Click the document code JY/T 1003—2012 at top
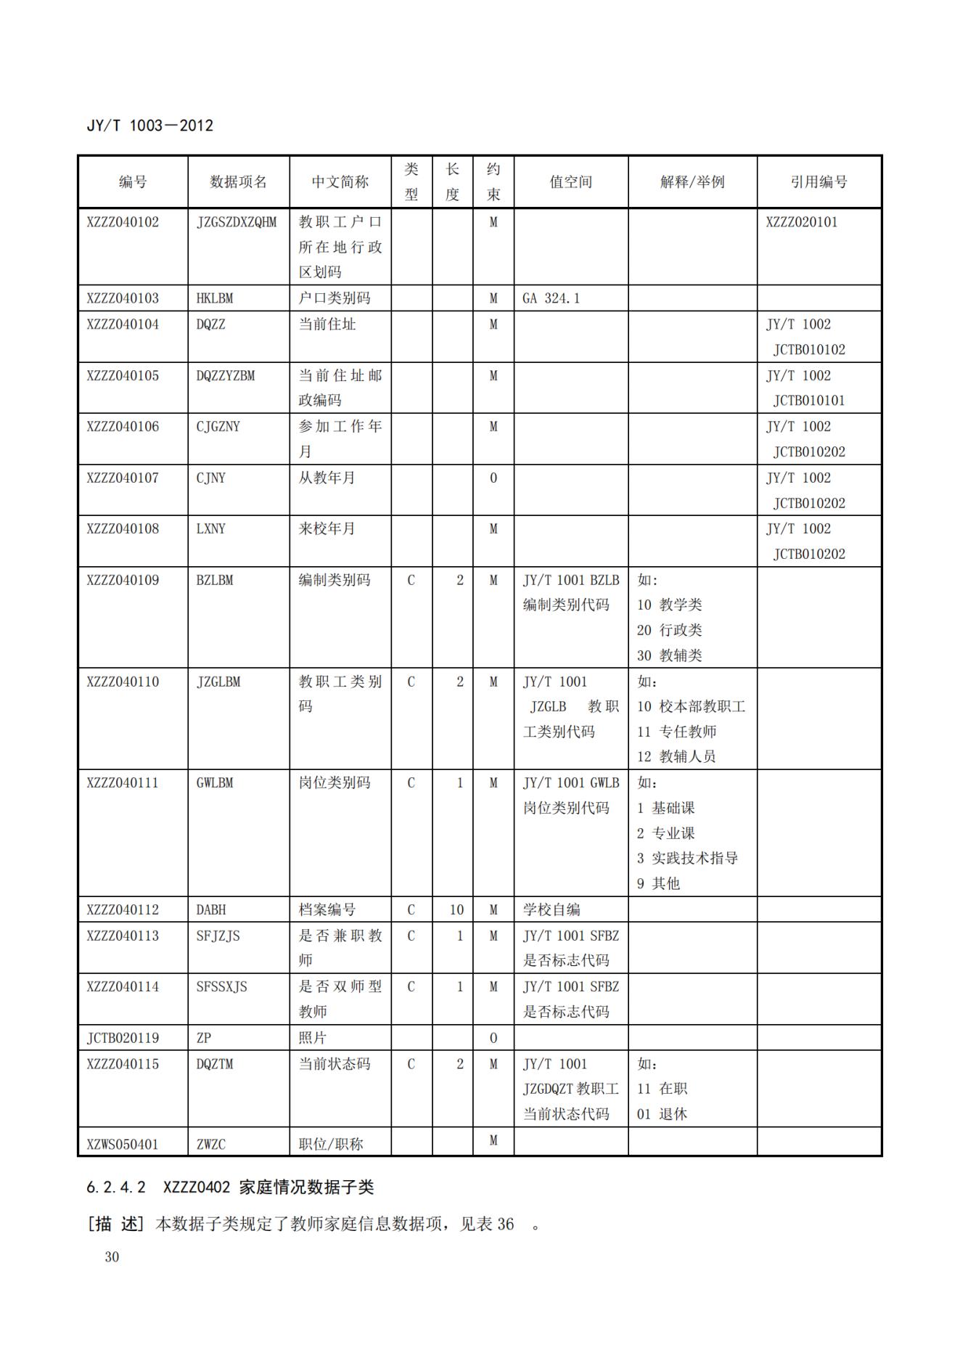(150, 126)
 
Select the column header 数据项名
(238, 182)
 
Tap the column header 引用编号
(819, 182)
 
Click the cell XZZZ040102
(123, 222)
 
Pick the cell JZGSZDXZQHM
(237, 222)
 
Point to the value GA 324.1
(551, 298)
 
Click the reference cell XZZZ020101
(801, 222)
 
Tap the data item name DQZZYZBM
(226, 376)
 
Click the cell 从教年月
(327, 478)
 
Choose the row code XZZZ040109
(123, 581)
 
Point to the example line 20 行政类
(669, 630)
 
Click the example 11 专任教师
(676, 732)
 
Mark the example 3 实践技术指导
(687, 858)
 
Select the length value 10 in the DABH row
(456, 910)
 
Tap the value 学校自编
(551, 910)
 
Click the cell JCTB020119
(123, 1038)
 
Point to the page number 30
(112, 1257)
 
